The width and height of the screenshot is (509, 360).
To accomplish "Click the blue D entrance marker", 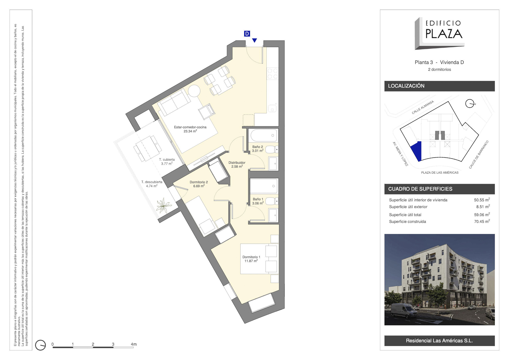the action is coord(247,34).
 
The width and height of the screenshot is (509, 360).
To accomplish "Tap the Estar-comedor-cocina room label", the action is coord(190,129).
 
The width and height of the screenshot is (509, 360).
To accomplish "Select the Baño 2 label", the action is coord(258,149).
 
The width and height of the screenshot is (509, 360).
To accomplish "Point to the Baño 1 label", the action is coord(258,201).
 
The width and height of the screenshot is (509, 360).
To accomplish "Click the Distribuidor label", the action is coord(237,164).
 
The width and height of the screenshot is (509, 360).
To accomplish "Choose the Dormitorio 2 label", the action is coord(199,184).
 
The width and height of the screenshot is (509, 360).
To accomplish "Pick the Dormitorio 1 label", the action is coord(251,259).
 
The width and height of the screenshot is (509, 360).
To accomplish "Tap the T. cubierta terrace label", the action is coord(167,162).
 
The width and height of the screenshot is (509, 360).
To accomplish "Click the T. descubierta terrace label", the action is coord(152,184).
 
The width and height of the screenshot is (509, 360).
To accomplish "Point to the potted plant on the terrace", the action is coord(163,205).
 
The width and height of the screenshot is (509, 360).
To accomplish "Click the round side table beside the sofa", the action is coord(194,91).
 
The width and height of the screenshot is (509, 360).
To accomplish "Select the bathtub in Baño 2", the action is coord(264,135).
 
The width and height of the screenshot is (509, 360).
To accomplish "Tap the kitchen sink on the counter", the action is coord(272,108).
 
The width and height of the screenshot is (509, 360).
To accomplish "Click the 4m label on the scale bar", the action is coord(134,344).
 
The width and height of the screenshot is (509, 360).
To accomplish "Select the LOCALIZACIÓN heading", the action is coord(406,86).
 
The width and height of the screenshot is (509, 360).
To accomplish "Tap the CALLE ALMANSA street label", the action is coord(423,107).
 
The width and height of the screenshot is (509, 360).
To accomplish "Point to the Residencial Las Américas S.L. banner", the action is coord(439,341).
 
